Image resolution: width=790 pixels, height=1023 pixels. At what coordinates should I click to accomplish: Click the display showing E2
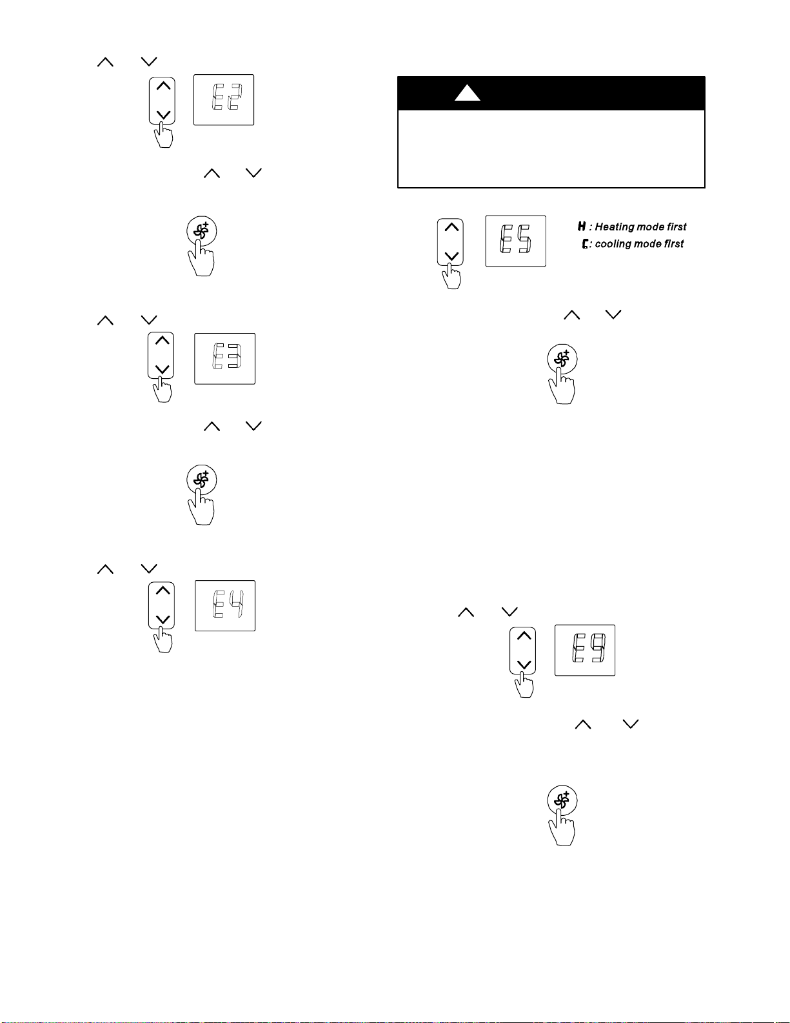[x=224, y=100]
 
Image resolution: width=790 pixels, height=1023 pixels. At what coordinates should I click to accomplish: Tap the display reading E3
[x=225, y=359]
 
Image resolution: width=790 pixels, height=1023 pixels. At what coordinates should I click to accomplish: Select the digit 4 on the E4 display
[x=237, y=604]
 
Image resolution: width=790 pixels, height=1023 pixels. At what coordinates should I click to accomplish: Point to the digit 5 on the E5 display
[x=525, y=239]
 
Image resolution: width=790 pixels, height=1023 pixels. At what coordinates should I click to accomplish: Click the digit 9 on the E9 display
[x=598, y=648]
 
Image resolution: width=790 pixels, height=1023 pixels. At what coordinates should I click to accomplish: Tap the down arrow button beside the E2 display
[x=163, y=114]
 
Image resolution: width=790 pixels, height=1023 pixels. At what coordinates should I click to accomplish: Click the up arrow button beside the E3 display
[x=162, y=340]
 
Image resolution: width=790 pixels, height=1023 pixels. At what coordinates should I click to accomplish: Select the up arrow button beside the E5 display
[x=451, y=227]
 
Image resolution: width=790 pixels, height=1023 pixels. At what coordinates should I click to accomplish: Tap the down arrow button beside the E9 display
[x=524, y=664]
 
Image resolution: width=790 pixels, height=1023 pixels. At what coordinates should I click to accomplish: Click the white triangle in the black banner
[x=468, y=93]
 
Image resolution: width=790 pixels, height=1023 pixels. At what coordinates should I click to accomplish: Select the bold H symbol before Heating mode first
[x=582, y=227]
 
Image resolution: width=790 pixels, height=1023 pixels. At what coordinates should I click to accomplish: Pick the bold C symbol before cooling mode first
[x=585, y=244]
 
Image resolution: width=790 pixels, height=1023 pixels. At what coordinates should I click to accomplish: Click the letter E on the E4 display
[x=218, y=604]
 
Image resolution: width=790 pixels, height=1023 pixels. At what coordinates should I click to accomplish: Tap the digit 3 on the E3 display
[x=234, y=356]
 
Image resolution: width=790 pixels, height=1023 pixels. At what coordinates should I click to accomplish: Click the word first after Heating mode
[x=676, y=227]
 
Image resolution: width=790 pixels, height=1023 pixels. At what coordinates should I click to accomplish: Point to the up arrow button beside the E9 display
[x=524, y=636]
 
